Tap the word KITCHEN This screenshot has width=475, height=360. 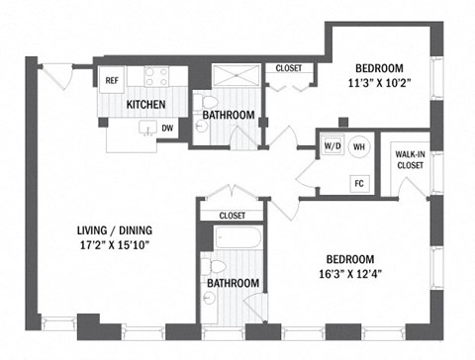(x=144, y=104)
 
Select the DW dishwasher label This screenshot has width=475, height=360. (x=168, y=127)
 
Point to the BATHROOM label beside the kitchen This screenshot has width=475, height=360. (x=229, y=116)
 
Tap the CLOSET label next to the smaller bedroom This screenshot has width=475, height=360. (x=288, y=68)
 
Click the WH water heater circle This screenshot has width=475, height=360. (x=359, y=144)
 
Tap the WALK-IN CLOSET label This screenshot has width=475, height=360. (x=410, y=160)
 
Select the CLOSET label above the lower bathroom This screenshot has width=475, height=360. (x=231, y=215)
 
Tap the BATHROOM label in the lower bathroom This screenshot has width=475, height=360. (x=234, y=283)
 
